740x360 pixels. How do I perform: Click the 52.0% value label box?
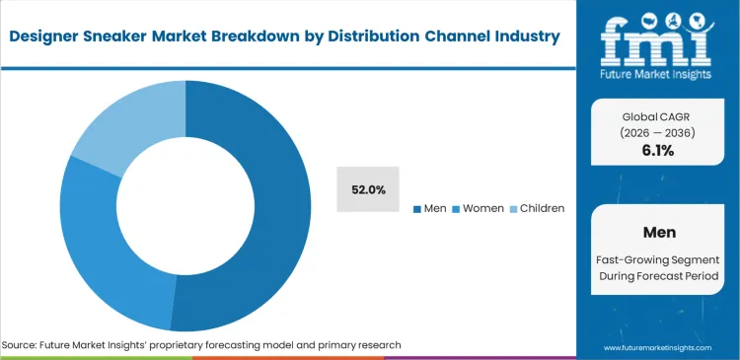click(368, 188)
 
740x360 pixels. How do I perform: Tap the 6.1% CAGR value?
click(657, 150)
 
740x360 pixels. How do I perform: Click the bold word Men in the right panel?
click(657, 233)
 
